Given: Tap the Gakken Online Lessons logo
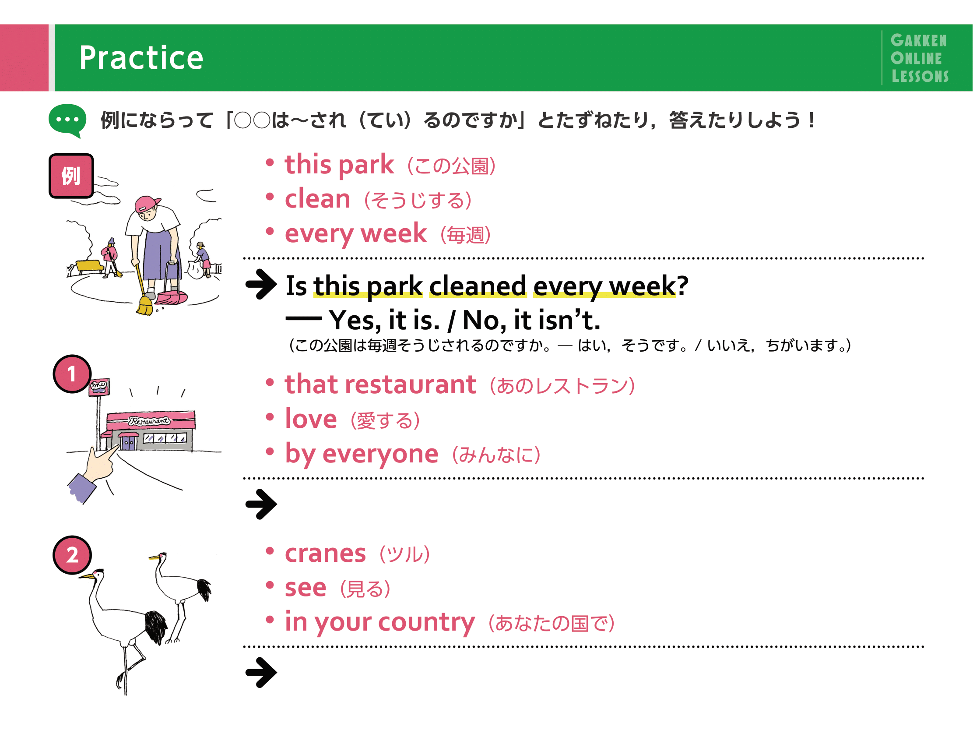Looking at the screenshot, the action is (919, 58).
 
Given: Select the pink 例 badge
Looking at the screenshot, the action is (71, 176).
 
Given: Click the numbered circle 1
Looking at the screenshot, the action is (72, 374).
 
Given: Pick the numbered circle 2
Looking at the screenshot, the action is (72, 555).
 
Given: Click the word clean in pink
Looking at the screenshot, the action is (318, 199).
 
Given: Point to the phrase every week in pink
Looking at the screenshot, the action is (356, 234).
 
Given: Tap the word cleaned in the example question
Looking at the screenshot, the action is (478, 286).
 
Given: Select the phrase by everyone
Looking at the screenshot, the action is (362, 454).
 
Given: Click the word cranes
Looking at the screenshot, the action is (326, 554).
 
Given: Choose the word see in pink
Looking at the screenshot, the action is (306, 588).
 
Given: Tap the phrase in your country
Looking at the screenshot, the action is (380, 622).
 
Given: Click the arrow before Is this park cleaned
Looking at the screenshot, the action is (261, 284).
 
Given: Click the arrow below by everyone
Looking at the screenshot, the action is (261, 504).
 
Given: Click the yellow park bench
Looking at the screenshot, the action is (90, 267).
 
